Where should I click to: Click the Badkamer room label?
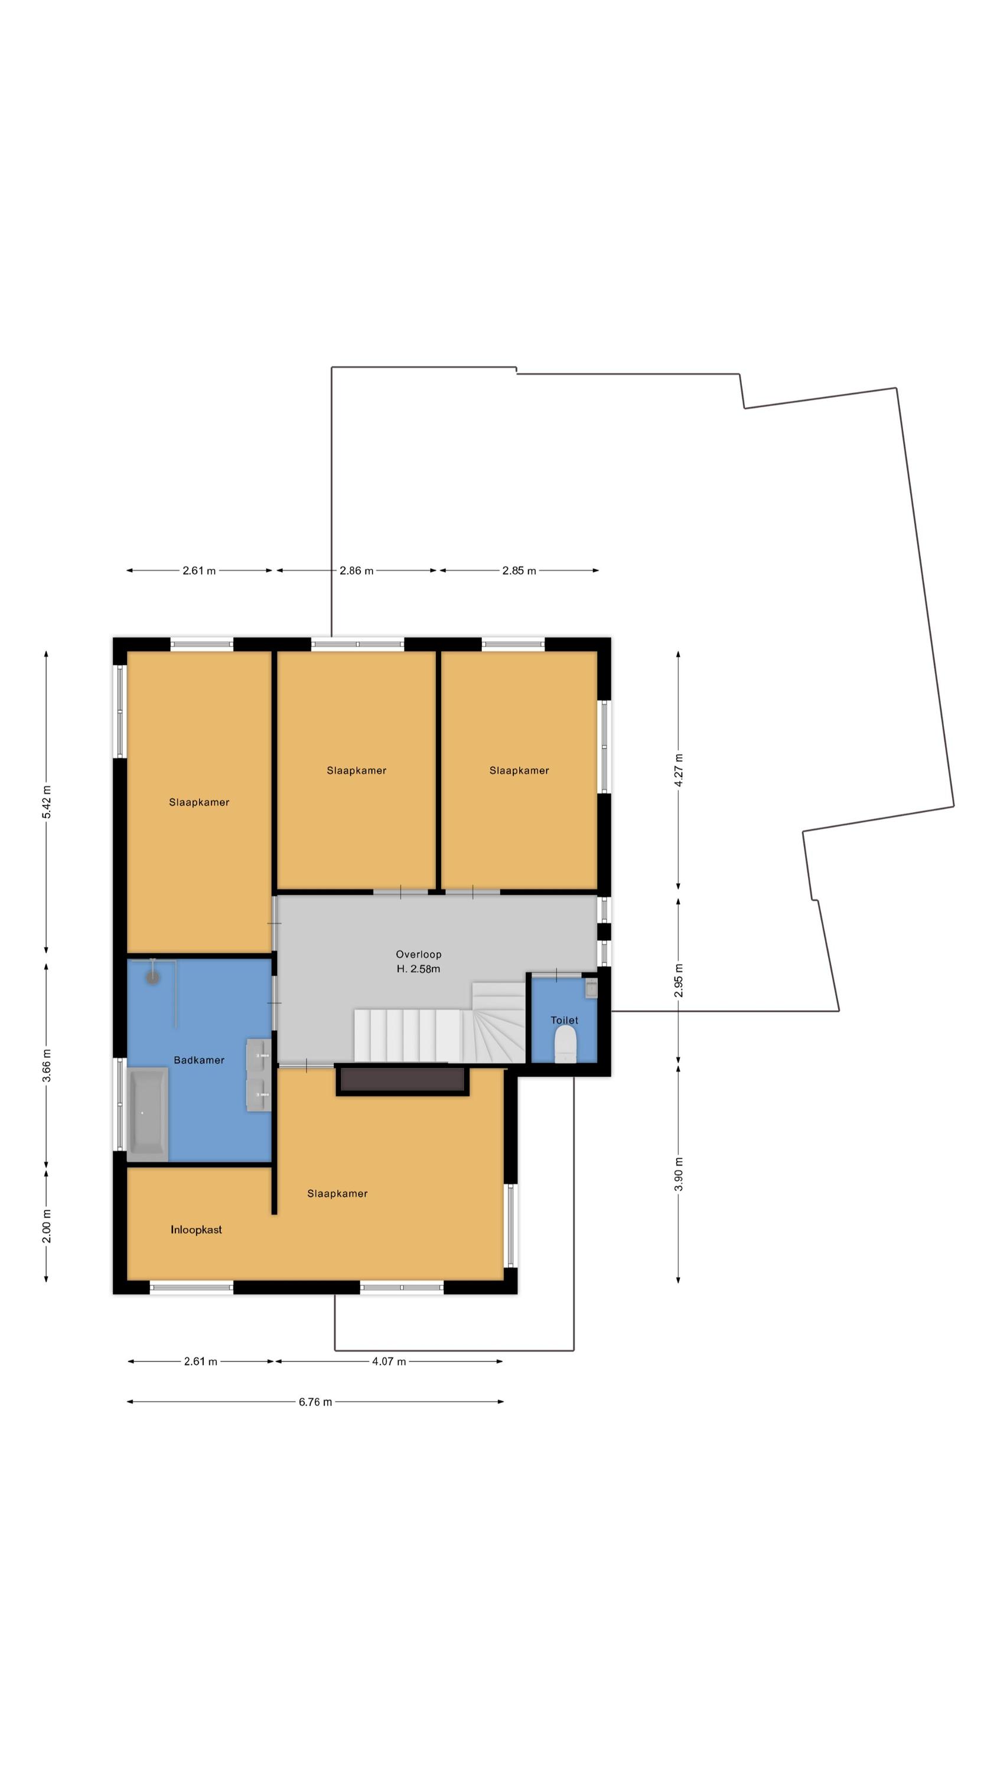199,1060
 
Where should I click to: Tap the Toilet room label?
564,1020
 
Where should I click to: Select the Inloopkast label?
196,1230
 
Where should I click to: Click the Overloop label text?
418,954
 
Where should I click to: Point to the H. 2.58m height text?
418,969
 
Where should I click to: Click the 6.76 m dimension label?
315,1402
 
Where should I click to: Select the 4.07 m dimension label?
389,1361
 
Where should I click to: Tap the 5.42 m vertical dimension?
47,802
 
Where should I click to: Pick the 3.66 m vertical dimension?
47,1066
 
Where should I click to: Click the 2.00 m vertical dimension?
47,1226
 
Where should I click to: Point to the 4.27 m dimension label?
679,770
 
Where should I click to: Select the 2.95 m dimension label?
679,981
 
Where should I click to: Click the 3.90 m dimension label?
679,1175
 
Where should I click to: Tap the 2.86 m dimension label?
356,570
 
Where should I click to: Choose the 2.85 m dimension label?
519,570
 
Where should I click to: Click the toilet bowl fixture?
566,1045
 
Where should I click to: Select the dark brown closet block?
402,1080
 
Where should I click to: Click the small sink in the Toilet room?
591,989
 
